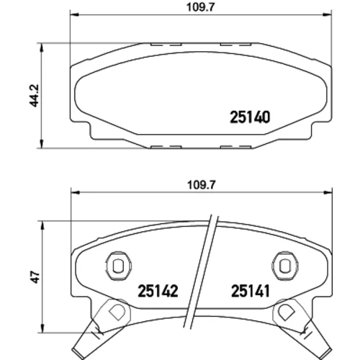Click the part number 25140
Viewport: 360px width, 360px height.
pyautogui.click(x=250, y=117)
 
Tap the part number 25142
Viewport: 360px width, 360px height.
pyautogui.click(x=158, y=291)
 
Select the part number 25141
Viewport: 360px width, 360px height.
pyautogui.click(x=251, y=291)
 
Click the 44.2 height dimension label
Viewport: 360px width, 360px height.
pyautogui.click(x=34, y=96)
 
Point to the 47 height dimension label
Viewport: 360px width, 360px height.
pyautogui.click(x=36, y=277)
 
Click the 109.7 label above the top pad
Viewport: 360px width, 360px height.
pyautogui.click(x=200, y=7)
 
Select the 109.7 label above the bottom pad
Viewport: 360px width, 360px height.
pyautogui.click(x=202, y=185)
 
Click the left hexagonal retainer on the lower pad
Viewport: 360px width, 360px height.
pyautogui.click(x=118, y=266)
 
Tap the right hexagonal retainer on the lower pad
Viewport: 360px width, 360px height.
pyautogui.click(x=285, y=266)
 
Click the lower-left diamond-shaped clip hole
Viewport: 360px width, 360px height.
pyautogui.click(x=117, y=312)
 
